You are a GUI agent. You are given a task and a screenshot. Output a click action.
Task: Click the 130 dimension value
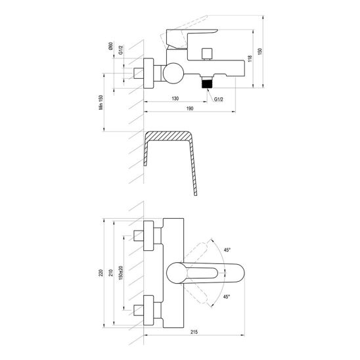[x=175, y=99]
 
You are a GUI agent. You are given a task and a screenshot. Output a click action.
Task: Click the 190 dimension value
[x=190, y=108]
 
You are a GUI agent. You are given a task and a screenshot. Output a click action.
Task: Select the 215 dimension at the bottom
[x=194, y=332]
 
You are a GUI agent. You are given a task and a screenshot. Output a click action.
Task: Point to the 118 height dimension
[x=250, y=58]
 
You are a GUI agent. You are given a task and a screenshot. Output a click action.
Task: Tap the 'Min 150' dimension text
[x=101, y=102]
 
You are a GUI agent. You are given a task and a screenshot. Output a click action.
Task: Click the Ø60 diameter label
[x=110, y=46]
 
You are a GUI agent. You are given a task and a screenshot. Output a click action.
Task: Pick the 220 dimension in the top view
[x=101, y=273]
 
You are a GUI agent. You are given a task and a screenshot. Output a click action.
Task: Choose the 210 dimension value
[x=111, y=273]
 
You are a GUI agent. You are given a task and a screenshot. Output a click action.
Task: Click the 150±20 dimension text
[x=121, y=273]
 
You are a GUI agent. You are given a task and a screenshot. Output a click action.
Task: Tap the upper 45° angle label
[x=227, y=250]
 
